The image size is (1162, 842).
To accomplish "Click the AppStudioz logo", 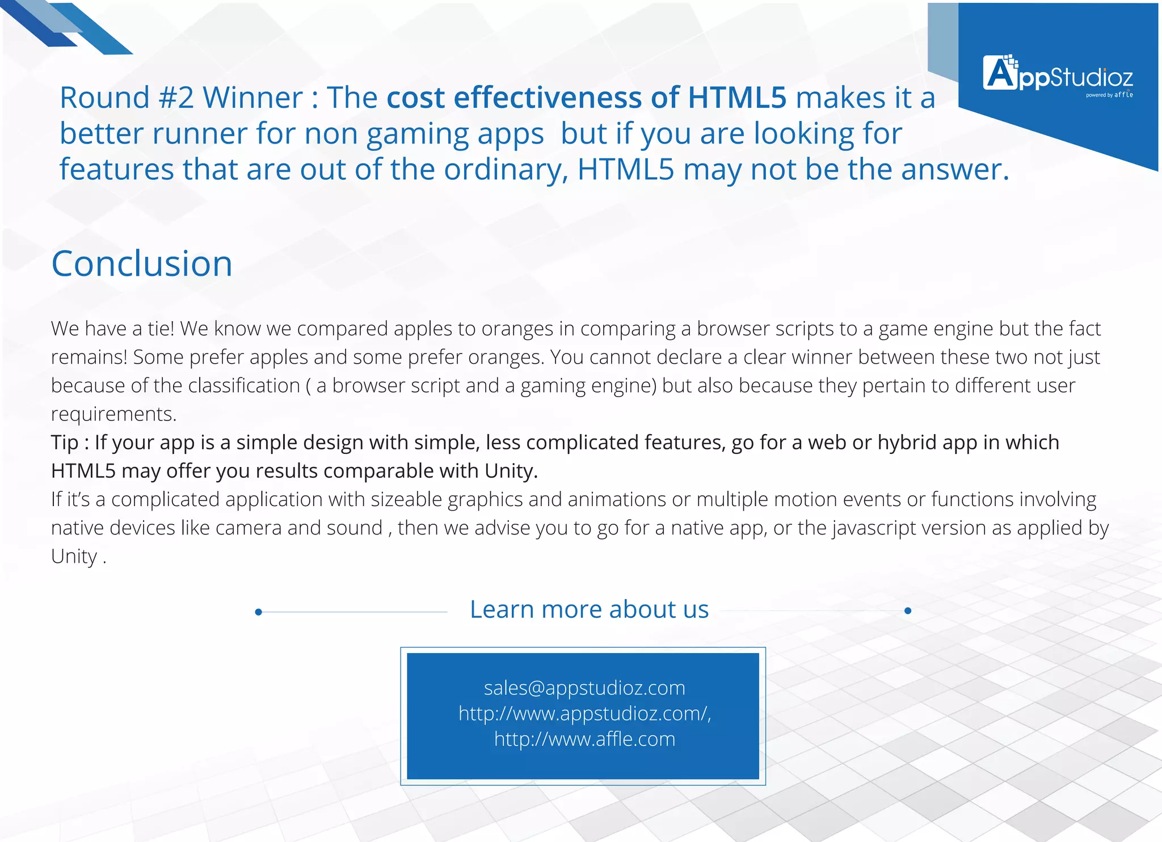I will (1058, 74).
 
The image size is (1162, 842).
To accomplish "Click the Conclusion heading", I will (142, 264).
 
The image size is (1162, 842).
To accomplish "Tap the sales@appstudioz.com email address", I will (584, 688).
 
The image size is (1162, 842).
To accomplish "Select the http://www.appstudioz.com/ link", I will (584, 713).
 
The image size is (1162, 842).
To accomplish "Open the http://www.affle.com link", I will (584, 739).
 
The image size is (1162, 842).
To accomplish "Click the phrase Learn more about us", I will (589, 609).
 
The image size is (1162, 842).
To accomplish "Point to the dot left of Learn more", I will (259, 612).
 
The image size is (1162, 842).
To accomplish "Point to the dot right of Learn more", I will (908, 611).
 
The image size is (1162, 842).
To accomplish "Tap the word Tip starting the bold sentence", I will (64, 443).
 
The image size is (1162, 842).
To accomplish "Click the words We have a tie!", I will (112, 329).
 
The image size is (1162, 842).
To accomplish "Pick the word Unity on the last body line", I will (74, 556).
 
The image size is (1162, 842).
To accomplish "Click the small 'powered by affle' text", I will (1109, 95).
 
